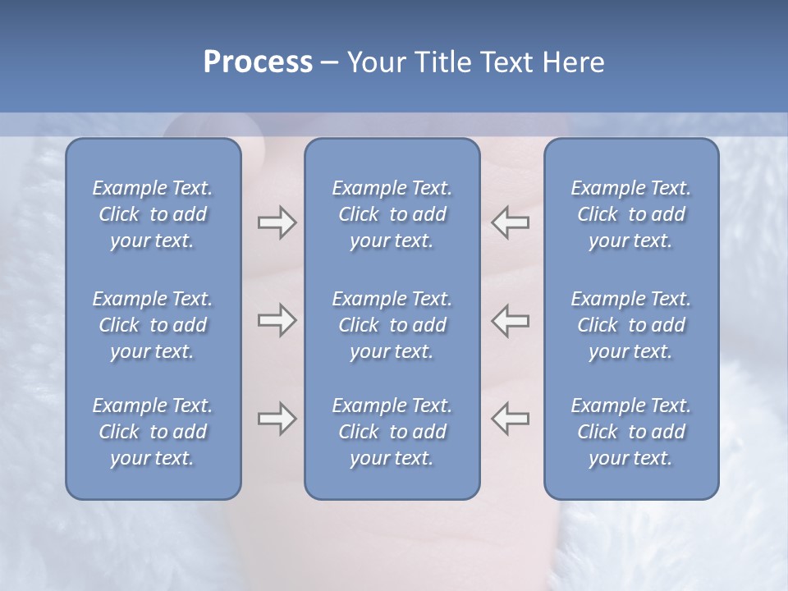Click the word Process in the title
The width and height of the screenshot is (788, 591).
(258, 62)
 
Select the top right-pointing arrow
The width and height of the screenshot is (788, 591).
(277, 222)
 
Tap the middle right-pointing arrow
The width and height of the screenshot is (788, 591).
(277, 320)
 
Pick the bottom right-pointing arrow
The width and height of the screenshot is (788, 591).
(277, 419)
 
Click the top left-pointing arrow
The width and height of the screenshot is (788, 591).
(511, 222)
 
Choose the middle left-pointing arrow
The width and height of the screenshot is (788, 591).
(511, 320)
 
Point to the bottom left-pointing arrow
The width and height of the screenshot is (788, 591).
(511, 419)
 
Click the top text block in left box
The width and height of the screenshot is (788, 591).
(153, 214)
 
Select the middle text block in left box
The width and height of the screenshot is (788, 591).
(153, 325)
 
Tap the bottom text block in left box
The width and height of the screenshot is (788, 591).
(153, 432)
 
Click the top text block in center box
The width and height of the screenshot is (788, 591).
(392, 214)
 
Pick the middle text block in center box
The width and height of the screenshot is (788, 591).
(392, 325)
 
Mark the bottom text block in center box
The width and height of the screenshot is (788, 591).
(392, 432)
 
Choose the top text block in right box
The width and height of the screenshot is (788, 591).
(631, 214)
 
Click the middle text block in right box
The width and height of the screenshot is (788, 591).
(631, 325)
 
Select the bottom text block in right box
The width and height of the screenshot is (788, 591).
(631, 432)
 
